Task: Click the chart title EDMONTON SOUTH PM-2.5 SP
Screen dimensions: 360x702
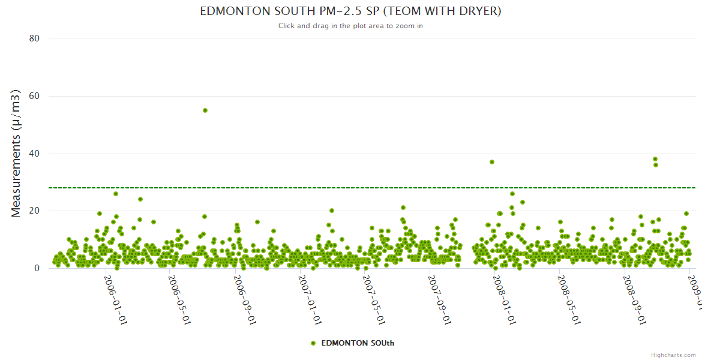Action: point(350,11)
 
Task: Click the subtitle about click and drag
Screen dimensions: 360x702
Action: point(350,26)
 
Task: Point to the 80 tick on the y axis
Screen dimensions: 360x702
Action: point(34,38)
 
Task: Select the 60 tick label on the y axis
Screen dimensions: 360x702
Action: point(34,96)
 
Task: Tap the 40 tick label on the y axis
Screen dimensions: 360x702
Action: point(34,154)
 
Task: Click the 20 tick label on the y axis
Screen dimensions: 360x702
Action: point(34,211)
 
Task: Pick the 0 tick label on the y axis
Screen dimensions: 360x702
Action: point(37,269)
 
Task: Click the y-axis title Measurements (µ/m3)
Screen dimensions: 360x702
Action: point(16,153)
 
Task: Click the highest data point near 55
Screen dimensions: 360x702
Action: point(205,110)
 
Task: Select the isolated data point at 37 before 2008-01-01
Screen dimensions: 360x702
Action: point(492,162)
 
